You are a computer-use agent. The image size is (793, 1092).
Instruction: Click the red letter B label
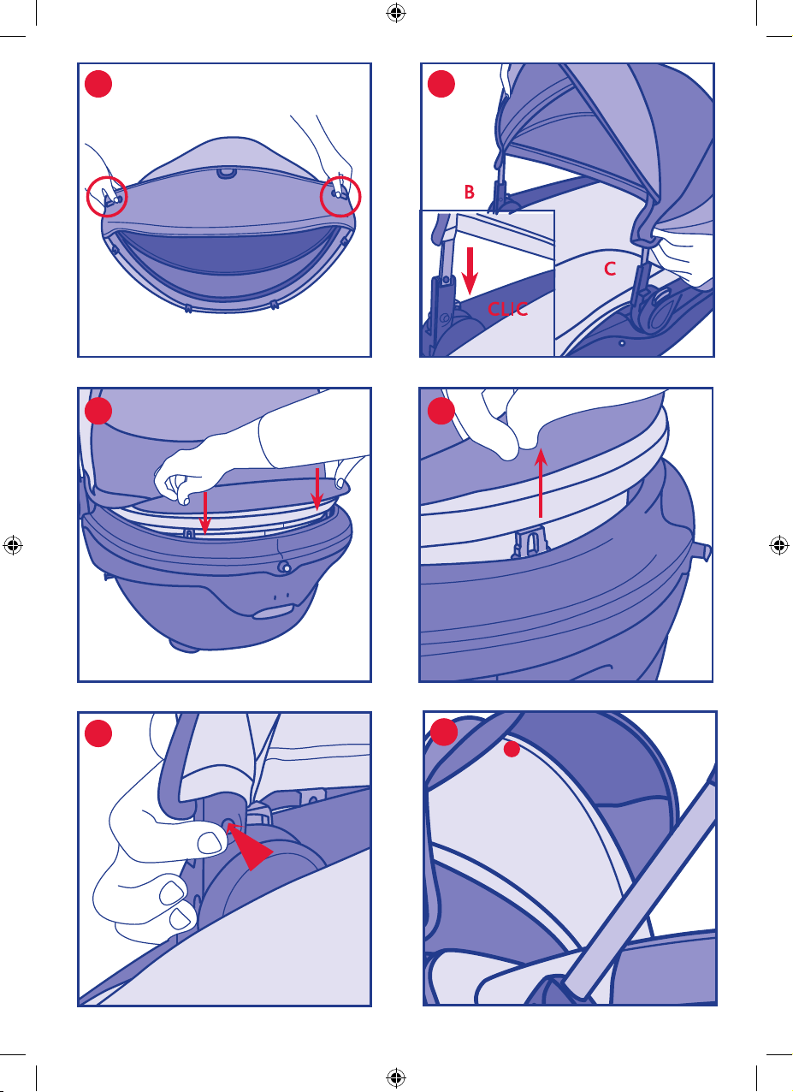[x=470, y=192]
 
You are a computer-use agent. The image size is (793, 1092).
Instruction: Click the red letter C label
[x=610, y=269]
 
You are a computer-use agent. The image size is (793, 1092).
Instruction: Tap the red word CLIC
[x=507, y=309]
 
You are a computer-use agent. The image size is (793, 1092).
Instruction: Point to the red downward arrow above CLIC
[x=470, y=270]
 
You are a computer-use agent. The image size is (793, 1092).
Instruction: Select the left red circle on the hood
[x=107, y=197]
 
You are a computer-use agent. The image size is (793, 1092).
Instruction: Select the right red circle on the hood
[x=340, y=197]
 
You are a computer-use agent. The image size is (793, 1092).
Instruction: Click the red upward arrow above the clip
[x=541, y=483]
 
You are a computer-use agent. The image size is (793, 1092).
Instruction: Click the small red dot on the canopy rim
[x=512, y=749]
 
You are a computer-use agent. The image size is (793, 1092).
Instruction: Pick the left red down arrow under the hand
[x=205, y=513]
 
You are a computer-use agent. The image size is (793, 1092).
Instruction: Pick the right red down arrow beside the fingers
[x=317, y=489]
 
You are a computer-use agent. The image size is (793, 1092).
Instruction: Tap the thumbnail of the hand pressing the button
[x=210, y=842]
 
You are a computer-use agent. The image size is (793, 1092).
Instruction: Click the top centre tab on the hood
[x=226, y=172]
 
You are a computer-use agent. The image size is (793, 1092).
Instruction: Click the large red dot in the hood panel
[x=98, y=84]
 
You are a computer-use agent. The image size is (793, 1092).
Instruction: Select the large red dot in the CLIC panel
[x=441, y=84]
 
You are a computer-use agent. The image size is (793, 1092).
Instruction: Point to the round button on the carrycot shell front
[x=284, y=567]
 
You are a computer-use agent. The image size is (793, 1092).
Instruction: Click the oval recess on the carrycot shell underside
[x=271, y=612]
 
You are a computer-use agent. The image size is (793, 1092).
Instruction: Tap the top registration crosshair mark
[x=396, y=13]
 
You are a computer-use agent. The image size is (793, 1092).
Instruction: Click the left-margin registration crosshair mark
[x=13, y=544]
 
